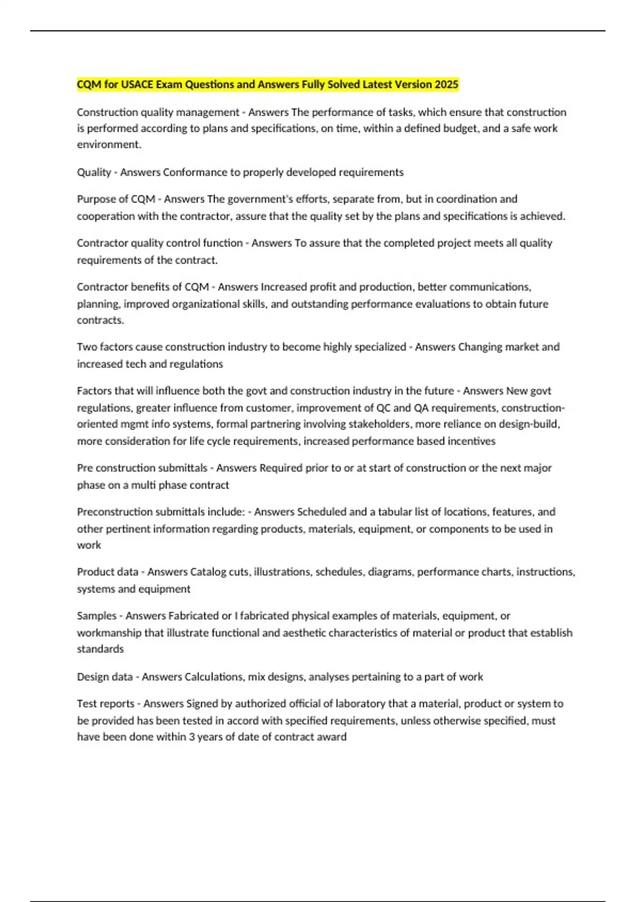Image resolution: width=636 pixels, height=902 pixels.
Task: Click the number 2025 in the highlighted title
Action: (x=446, y=84)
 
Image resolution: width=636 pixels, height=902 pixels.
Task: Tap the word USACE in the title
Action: (x=137, y=84)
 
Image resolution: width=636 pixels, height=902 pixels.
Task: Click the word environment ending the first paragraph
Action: (x=109, y=145)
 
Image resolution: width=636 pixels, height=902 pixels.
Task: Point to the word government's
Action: (x=257, y=200)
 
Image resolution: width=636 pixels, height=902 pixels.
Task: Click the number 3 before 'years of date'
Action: (x=192, y=737)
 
